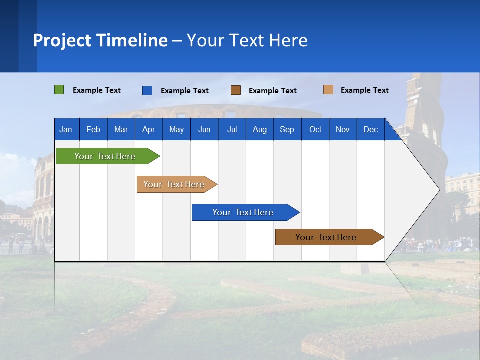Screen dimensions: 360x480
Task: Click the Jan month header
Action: coord(66,129)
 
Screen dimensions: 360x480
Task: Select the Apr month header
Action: coord(148,129)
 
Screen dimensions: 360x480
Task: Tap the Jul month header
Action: coord(232,129)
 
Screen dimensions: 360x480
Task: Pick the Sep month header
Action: coord(287,129)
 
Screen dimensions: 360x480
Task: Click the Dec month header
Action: coord(370,129)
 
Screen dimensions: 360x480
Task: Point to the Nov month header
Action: coord(342,129)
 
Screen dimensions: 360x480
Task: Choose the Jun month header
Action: coord(204,129)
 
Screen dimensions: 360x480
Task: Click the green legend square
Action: coord(59,90)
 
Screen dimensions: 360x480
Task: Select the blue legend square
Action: coord(147,90)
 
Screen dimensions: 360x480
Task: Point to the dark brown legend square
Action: coord(236,90)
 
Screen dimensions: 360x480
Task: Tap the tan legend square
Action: coord(328,90)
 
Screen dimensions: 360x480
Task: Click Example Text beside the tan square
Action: coord(364,90)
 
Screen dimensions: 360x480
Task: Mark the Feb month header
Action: coord(93,129)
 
